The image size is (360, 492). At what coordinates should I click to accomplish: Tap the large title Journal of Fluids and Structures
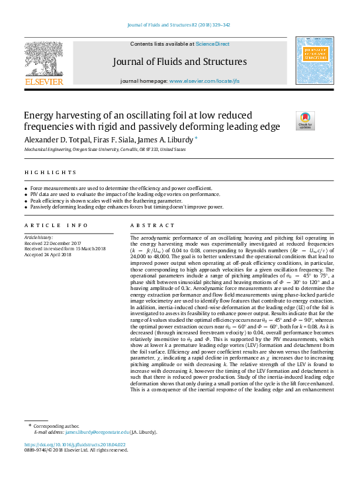pyautogui.click(x=180, y=62)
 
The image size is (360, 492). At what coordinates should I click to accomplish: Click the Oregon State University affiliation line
pyautogui.click(x=105, y=150)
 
